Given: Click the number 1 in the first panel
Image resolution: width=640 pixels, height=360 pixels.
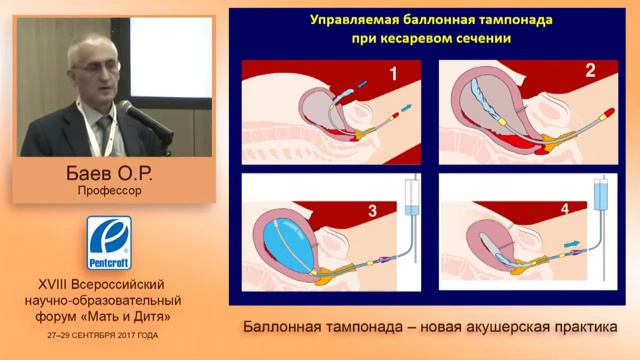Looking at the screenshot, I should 393,73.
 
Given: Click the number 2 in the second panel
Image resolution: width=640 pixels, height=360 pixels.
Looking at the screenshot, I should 589,71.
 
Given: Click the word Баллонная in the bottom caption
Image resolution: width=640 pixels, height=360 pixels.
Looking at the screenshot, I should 281,328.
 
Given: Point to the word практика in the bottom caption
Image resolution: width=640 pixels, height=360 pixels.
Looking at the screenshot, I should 581,328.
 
